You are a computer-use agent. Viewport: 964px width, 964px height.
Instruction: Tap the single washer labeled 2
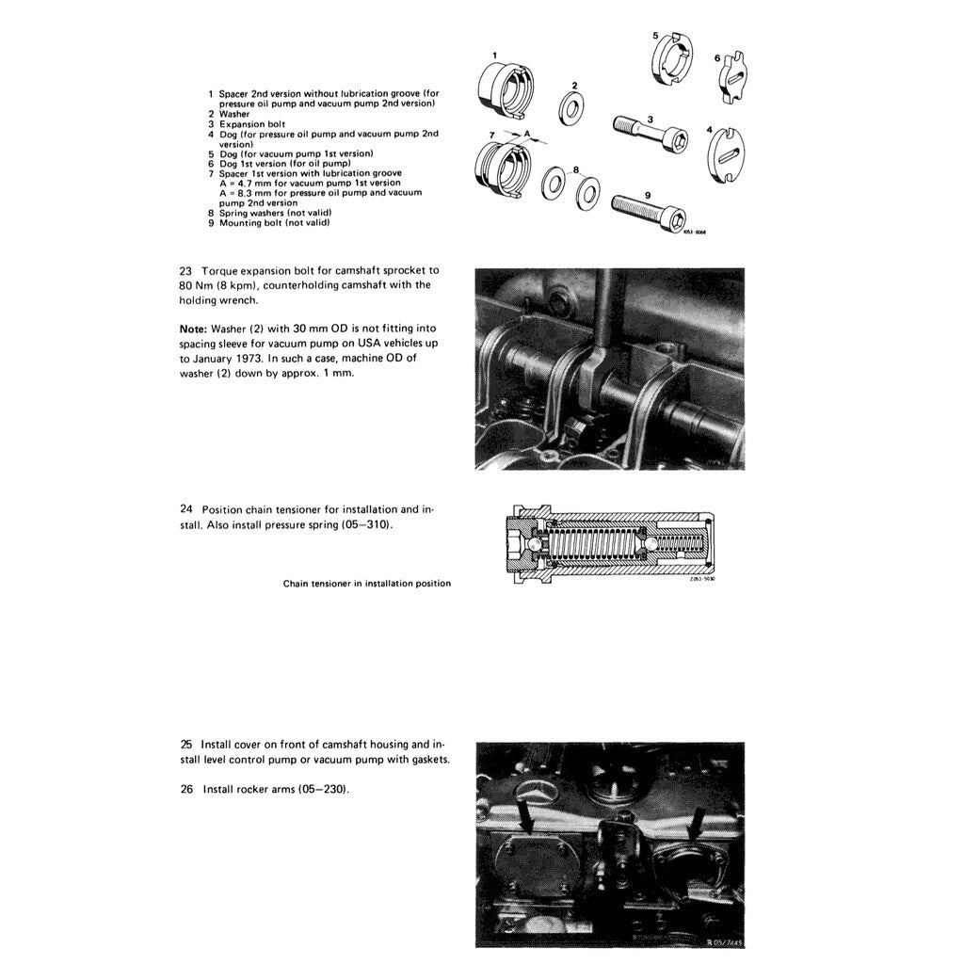click(570, 109)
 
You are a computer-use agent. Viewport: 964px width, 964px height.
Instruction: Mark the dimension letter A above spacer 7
click(527, 133)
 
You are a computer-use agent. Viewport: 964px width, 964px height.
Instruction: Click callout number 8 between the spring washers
click(575, 170)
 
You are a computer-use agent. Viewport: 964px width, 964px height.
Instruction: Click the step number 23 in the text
click(185, 270)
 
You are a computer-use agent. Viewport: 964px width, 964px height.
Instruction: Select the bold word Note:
click(194, 329)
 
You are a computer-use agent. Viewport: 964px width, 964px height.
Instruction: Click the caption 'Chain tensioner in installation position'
click(366, 584)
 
